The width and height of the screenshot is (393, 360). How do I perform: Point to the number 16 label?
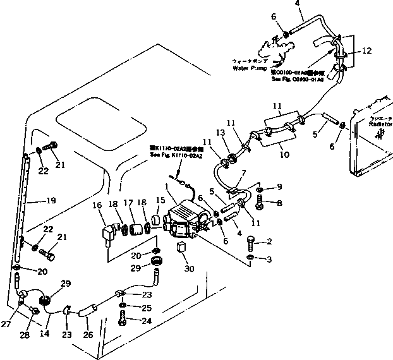[x=97, y=205]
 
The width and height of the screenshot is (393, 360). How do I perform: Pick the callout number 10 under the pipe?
[x=284, y=154]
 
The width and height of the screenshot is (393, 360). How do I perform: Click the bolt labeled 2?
[x=251, y=243]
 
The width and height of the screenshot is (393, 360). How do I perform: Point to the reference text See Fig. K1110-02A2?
[x=174, y=155]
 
